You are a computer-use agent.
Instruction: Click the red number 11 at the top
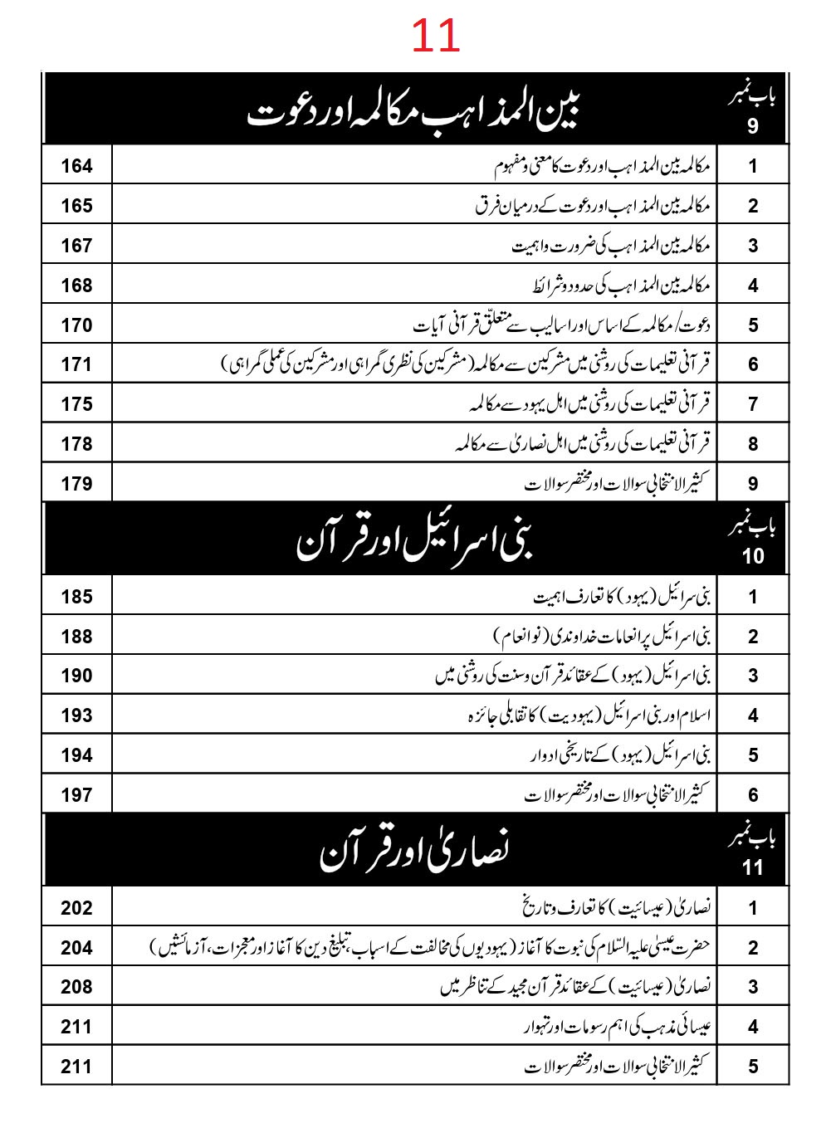point(435,37)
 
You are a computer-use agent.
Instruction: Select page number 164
point(76,166)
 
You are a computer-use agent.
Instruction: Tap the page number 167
point(76,246)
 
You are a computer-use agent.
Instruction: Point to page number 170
point(76,325)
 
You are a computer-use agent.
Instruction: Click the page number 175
point(76,404)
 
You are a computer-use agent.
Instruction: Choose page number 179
point(76,484)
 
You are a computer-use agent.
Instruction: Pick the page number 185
point(76,597)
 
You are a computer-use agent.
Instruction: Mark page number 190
point(76,676)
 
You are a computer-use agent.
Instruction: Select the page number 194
point(76,755)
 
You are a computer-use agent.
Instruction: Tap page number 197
point(76,795)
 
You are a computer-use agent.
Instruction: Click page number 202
point(76,908)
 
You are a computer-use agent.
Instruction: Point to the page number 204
point(76,948)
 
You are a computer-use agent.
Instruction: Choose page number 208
point(76,987)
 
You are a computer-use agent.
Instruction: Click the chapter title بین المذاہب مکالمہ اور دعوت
point(413,110)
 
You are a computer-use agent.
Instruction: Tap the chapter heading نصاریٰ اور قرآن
point(413,852)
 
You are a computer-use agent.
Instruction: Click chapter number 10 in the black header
point(753,556)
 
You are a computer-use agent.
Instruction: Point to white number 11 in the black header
point(753,867)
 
